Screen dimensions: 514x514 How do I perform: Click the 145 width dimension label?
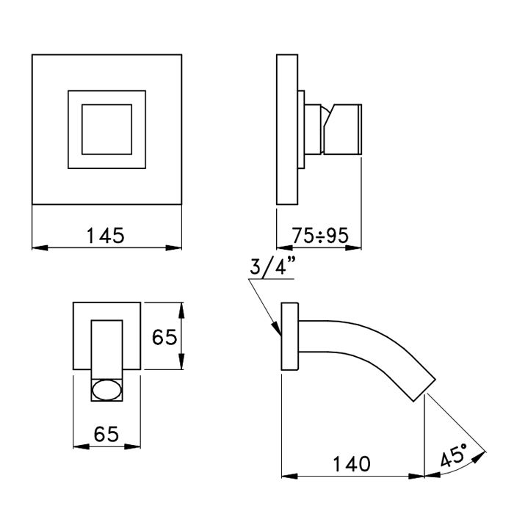click(x=106, y=236)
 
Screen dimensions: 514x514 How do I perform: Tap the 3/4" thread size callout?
click(x=271, y=268)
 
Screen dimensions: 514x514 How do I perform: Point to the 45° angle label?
click(x=455, y=457)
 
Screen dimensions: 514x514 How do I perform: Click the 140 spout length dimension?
click(x=350, y=464)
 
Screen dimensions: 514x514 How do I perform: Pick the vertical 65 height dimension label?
click(x=164, y=337)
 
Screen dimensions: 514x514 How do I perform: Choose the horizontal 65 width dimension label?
click(x=107, y=435)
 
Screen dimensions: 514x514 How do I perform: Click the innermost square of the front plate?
click(x=106, y=129)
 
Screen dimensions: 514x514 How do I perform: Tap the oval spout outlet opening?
click(x=107, y=389)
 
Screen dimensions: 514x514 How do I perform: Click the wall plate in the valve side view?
click(x=287, y=130)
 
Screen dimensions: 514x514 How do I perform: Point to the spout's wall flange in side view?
click(x=291, y=338)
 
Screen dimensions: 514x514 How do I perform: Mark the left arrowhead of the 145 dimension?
click(x=38, y=247)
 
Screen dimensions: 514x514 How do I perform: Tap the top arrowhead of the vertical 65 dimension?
click(x=182, y=307)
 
